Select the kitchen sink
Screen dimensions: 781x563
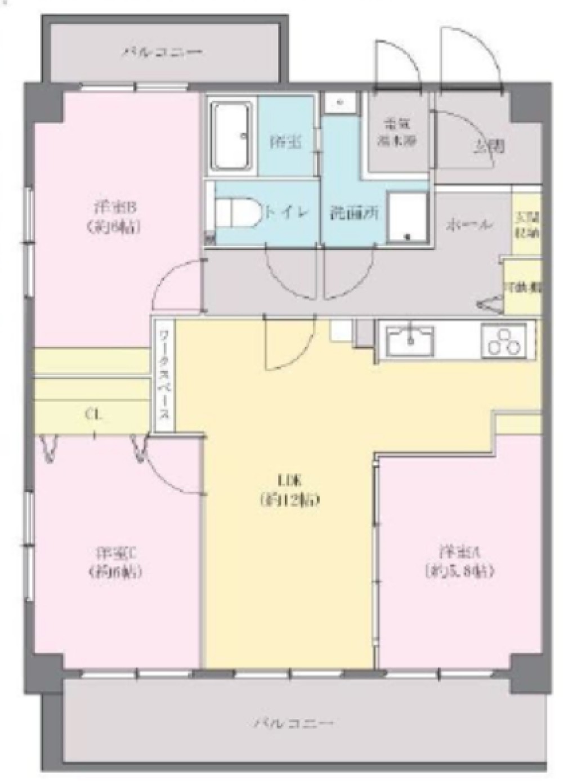pos(410,340)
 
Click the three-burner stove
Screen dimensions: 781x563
pos(504,340)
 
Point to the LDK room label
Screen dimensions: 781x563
pos(290,490)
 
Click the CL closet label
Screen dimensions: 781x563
pos(93,415)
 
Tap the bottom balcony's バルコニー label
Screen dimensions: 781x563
pos(293,722)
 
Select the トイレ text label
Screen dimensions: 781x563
pos(287,212)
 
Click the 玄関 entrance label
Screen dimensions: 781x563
pos(488,148)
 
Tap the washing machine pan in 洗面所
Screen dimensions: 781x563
pos(408,217)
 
